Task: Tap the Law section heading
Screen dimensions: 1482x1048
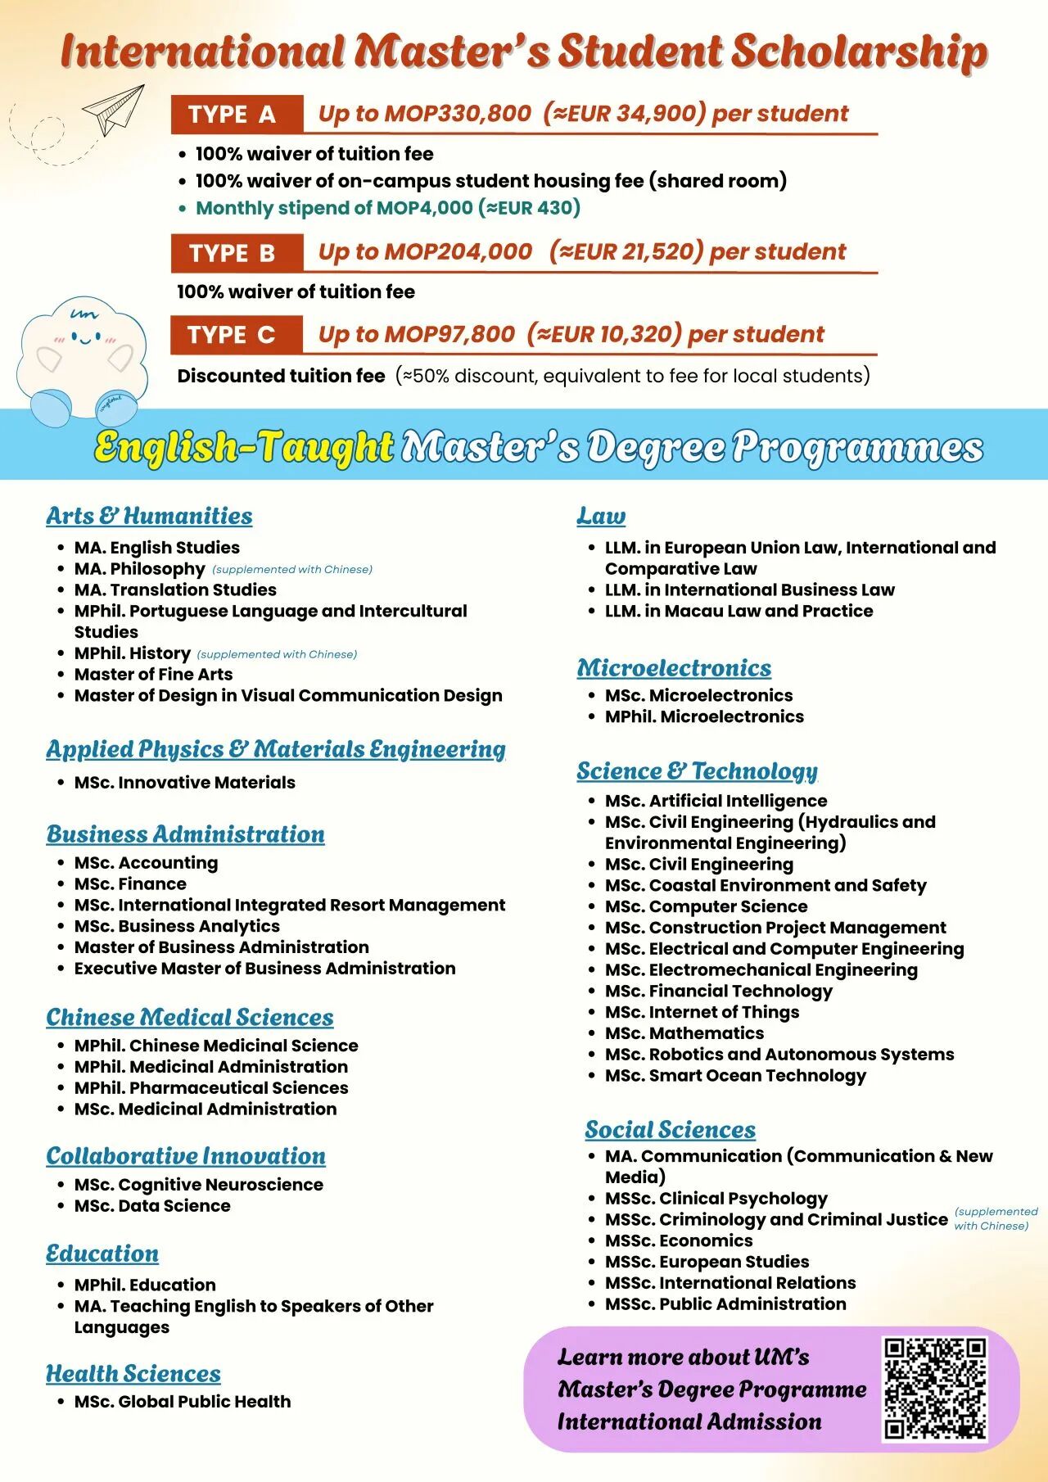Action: pos(601,516)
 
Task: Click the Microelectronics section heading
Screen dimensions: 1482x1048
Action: pos(674,668)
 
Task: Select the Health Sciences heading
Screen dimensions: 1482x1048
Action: pos(133,1373)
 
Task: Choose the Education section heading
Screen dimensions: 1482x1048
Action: pos(102,1254)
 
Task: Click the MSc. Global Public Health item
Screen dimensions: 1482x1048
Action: pos(182,1402)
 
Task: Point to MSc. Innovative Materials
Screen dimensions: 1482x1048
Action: pos(184,783)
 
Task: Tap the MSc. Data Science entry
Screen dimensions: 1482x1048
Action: pos(152,1206)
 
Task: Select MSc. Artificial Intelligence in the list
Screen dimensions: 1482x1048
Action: pos(716,801)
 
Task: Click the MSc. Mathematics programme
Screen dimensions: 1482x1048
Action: pos(684,1033)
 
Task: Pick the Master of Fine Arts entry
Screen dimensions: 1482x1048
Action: pos(153,675)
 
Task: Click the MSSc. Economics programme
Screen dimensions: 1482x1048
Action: pos(678,1240)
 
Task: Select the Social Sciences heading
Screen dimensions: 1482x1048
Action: pos(670,1130)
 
